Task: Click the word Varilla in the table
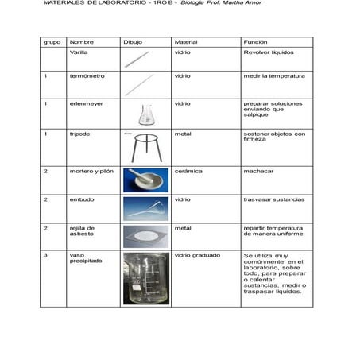tap(79, 52)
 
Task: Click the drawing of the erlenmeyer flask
tap(146, 115)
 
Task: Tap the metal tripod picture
tap(147, 148)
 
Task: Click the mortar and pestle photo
tap(145, 180)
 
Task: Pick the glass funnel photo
tap(145, 207)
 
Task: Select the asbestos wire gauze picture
tap(145, 236)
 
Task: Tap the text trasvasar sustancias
tap(273, 199)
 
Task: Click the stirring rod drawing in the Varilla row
tap(137, 58)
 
